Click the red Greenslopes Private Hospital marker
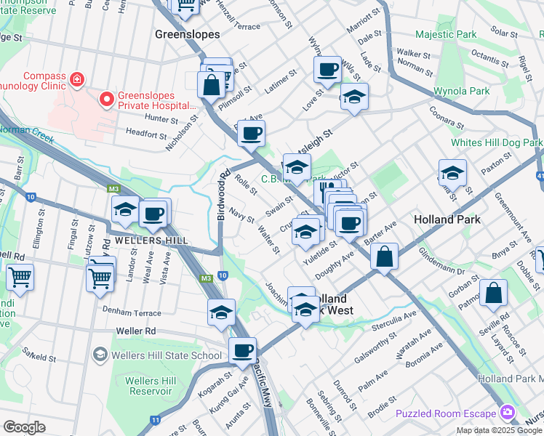tap(106, 98)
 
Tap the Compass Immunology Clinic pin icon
tap(76, 78)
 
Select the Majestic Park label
tap(446, 34)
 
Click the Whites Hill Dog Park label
tap(496, 142)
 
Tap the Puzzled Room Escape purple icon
tap(508, 413)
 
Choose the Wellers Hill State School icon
tap(100, 355)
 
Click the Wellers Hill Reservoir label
tap(151, 387)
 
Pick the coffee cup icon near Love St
tap(327, 70)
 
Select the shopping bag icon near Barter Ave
tap(384, 256)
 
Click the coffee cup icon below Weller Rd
tap(242, 351)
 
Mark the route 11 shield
tap(155, 420)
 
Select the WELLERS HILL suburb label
tap(140, 240)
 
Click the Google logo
tap(25, 427)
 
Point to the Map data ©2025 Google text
tap(498, 430)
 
